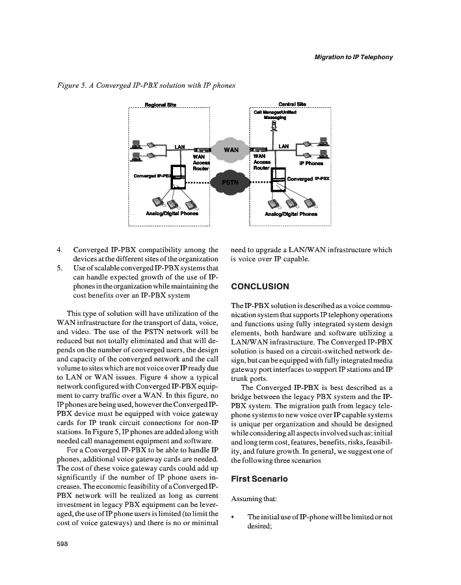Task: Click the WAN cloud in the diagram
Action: click(231, 150)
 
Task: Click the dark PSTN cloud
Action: click(231, 182)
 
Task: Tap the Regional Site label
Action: click(160, 105)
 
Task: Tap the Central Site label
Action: click(292, 104)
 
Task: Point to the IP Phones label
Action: click(311, 164)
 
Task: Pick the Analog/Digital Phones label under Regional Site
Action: click(172, 213)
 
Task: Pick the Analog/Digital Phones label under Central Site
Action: click(291, 213)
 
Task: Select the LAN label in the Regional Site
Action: click(180, 147)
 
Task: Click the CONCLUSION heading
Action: click(260, 287)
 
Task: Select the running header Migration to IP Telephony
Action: click(354, 57)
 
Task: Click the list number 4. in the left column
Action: click(60, 249)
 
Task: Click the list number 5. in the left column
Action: click(60, 268)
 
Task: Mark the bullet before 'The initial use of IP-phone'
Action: click(233, 517)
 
